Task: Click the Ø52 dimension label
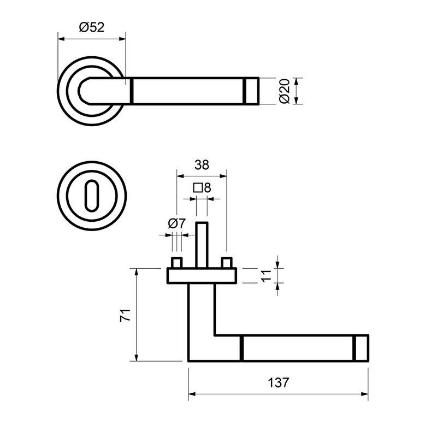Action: pos(91,27)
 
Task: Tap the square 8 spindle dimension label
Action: pos(202,188)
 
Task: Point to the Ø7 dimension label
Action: pos(177,223)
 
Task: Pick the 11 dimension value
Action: pos(266,275)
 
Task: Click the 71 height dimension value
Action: pos(125,315)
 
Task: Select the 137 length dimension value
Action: pos(279,383)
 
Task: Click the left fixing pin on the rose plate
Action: pos(177,262)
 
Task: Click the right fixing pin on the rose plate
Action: pos(227,262)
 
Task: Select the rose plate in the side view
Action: pos(202,276)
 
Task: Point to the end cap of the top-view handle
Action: pos(252,91)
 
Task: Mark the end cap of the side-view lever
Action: pos(361,348)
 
